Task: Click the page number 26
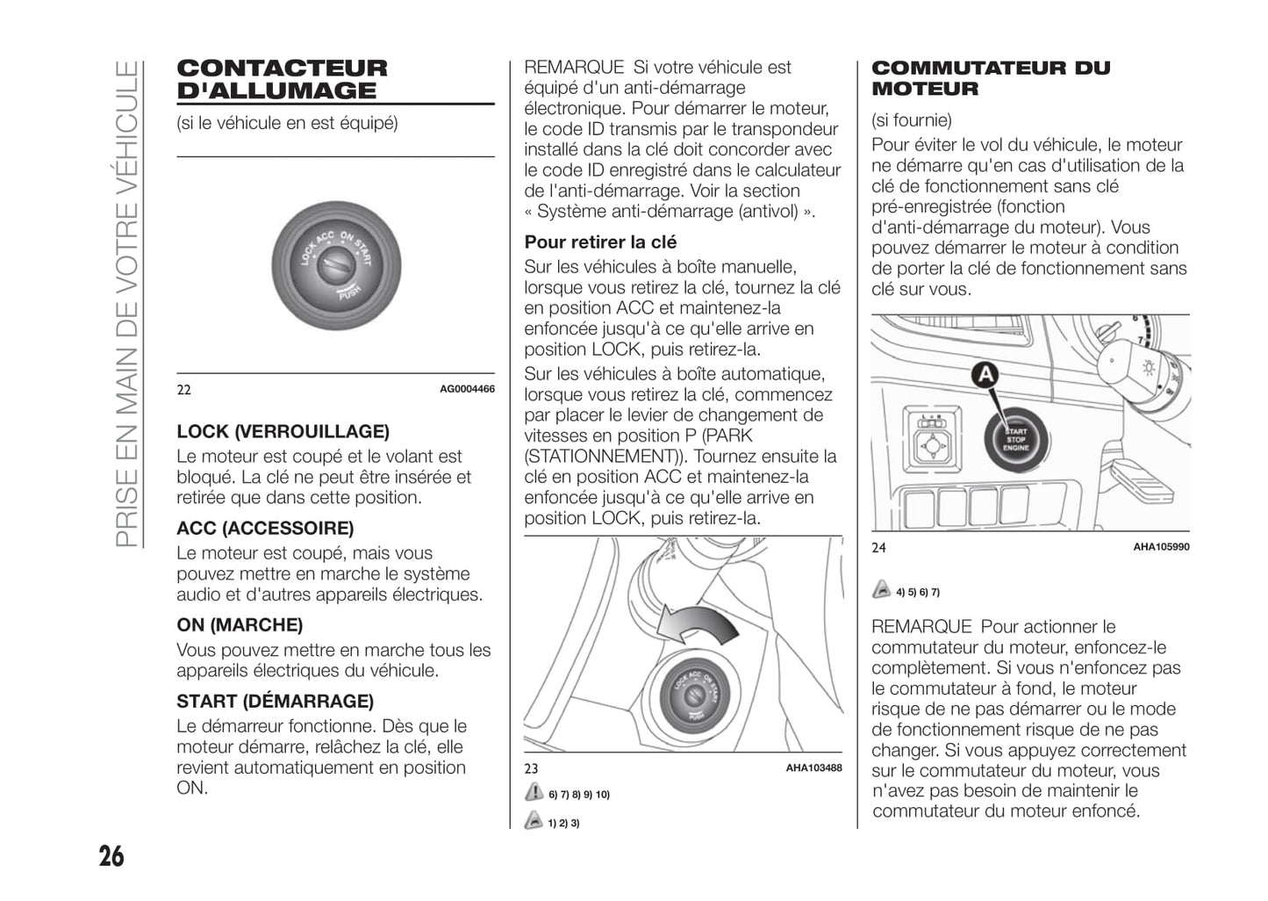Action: (x=111, y=855)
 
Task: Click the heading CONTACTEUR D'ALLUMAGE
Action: (x=282, y=79)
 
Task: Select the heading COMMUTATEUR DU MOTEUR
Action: (x=990, y=78)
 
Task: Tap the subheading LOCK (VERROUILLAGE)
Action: (x=283, y=431)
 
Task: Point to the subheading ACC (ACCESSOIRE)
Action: (x=265, y=528)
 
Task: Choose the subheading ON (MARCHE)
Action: (x=240, y=624)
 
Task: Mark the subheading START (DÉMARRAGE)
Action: (x=275, y=701)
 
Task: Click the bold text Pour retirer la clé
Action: (x=600, y=242)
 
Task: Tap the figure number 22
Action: (x=183, y=390)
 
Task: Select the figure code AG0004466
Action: (x=467, y=389)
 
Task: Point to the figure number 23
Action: (x=531, y=768)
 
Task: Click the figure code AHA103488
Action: (x=813, y=768)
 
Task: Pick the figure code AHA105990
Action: (x=1161, y=547)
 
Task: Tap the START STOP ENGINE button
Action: (x=1015, y=439)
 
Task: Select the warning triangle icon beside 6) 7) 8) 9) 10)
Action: (x=534, y=793)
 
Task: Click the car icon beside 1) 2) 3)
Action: (x=534, y=822)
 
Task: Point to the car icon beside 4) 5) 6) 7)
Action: (x=881, y=591)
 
